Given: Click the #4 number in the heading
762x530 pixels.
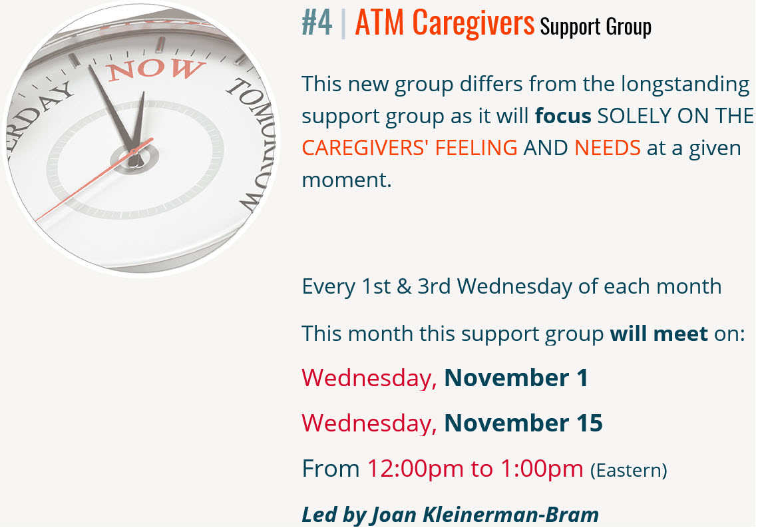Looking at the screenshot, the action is click(317, 23).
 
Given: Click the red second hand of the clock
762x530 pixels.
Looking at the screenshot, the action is click(95, 179).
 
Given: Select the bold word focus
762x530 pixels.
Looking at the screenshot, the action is click(563, 116).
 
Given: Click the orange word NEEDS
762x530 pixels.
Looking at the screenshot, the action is click(608, 148).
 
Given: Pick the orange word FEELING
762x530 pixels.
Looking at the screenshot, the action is click(476, 148).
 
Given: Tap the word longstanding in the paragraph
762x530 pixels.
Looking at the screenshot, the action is click(685, 85).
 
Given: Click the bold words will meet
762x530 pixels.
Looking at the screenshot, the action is click(659, 334).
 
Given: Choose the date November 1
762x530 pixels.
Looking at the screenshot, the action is click(516, 378).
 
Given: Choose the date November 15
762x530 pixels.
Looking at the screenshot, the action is click(523, 423).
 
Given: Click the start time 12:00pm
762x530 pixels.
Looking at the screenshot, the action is click(415, 469).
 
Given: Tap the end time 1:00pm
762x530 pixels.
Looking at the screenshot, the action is click(541, 469).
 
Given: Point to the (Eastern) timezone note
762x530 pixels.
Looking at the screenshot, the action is click(628, 470).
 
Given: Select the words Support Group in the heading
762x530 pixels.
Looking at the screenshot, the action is click(596, 26).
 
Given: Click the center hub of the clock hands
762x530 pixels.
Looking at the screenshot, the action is click(133, 156).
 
